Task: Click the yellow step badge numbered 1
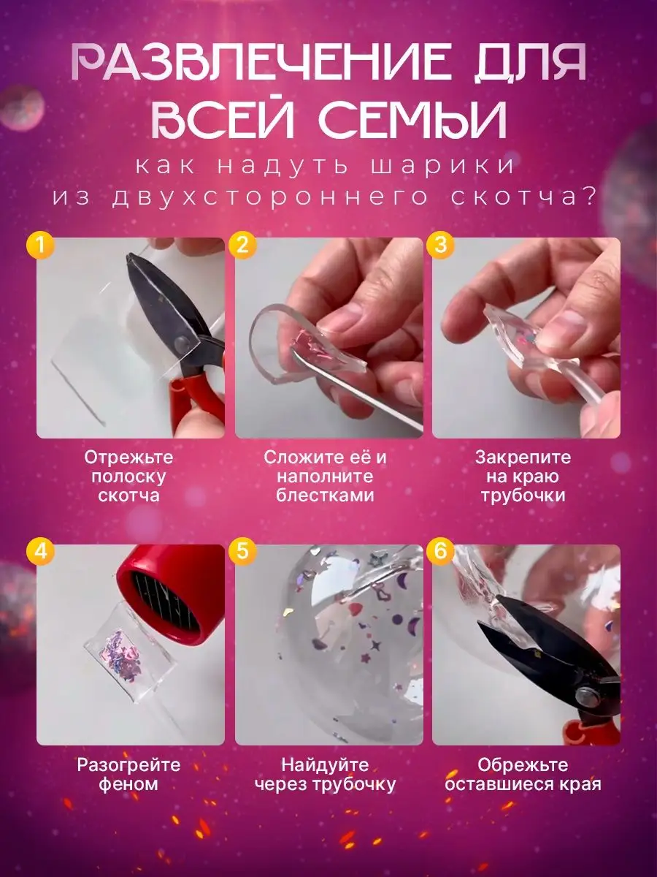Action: click(39, 245)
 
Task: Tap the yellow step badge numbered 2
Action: click(242, 245)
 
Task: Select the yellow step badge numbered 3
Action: click(440, 245)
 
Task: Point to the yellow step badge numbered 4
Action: click(39, 552)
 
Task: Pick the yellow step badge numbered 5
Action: click(242, 552)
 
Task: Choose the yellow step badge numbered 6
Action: click(440, 552)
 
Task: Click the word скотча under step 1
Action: click(129, 496)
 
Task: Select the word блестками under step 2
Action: click(325, 496)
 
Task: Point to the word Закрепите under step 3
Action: click(523, 458)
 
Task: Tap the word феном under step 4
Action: click(128, 784)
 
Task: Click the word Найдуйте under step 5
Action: click(325, 765)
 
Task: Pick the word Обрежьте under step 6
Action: click(523, 765)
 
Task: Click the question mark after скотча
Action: click(588, 197)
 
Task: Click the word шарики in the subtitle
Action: click(442, 166)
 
